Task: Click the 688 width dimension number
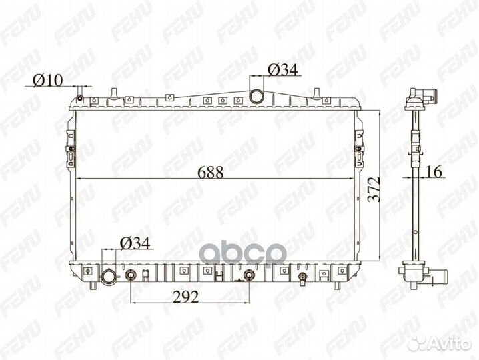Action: coord(211,172)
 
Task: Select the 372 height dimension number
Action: coord(374,189)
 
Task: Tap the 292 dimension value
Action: coord(185,296)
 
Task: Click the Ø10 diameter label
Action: coord(48,80)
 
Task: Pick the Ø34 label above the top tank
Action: coord(283,70)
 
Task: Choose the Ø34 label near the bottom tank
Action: coord(135,243)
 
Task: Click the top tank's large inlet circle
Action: coord(256,96)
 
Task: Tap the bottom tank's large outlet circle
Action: coord(109,277)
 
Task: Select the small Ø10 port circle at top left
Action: coord(80,98)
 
